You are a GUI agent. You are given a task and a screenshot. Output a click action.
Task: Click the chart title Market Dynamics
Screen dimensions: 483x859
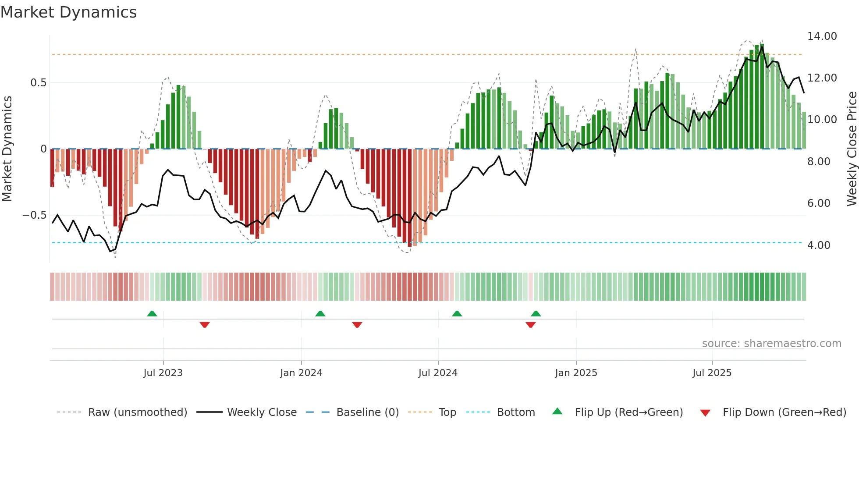pyautogui.click(x=68, y=12)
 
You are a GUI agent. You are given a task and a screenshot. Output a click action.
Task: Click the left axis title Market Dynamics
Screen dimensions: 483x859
pyautogui.click(x=7, y=149)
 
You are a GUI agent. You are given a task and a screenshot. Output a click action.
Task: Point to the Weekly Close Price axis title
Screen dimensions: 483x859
pyautogui.click(x=852, y=149)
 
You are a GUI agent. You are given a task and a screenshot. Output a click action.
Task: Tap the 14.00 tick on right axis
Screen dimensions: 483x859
pyautogui.click(x=822, y=36)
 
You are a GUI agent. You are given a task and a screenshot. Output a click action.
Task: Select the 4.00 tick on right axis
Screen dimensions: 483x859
pyautogui.click(x=818, y=245)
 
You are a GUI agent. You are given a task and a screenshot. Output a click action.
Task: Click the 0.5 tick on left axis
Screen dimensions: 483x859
pyautogui.click(x=38, y=83)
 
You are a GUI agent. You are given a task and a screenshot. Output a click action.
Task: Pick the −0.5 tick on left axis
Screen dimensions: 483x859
pyautogui.click(x=35, y=215)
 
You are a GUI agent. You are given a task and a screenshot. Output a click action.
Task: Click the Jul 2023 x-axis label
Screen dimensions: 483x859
pyautogui.click(x=163, y=373)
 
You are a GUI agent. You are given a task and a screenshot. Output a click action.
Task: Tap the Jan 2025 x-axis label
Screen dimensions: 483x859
pyautogui.click(x=576, y=373)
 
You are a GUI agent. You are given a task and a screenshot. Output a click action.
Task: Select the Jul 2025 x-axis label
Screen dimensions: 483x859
pyautogui.click(x=712, y=373)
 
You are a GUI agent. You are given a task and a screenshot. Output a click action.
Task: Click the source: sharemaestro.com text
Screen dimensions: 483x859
pyautogui.click(x=771, y=344)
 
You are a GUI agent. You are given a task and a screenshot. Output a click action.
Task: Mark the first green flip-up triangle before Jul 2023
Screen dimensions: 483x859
pyautogui.click(x=152, y=314)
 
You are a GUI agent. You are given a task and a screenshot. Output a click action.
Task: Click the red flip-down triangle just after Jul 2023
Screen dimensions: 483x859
pyautogui.click(x=205, y=325)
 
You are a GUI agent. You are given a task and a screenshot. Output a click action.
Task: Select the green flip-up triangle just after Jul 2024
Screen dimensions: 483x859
pyautogui.click(x=457, y=314)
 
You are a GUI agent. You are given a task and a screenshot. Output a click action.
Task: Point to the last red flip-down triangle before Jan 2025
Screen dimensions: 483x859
pyautogui.click(x=530, y=325)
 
